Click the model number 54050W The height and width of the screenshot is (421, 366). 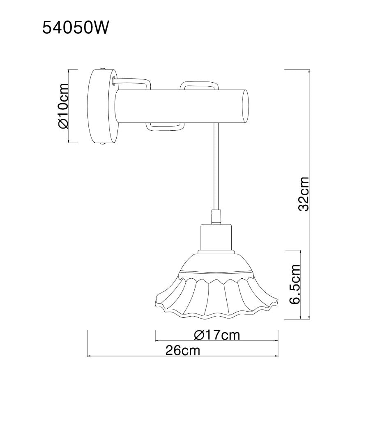click(x=76, y=28)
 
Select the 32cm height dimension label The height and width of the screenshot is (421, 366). click(x=304, y=194)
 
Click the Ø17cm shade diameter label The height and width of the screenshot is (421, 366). click(x=217, y=335)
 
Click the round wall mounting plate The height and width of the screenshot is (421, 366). click(x=103, y=106)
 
